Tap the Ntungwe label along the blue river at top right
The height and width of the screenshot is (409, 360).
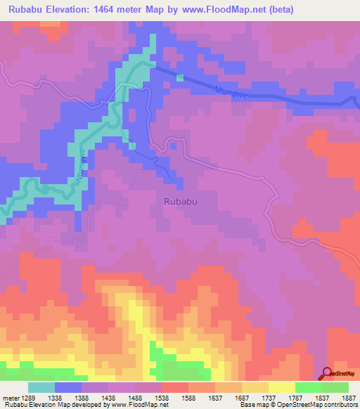[x=227, y=90]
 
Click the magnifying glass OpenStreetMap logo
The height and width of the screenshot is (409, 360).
[x=328, y=373]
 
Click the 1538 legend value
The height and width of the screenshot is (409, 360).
[x=161, y=398]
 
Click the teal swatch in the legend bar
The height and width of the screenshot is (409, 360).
[x=41, y=387]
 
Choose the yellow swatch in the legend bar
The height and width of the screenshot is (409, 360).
[x=282, y=387]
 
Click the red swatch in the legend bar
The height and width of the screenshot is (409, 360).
[x=175, y=387]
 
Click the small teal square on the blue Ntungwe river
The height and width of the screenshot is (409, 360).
[x=180, y=77]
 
